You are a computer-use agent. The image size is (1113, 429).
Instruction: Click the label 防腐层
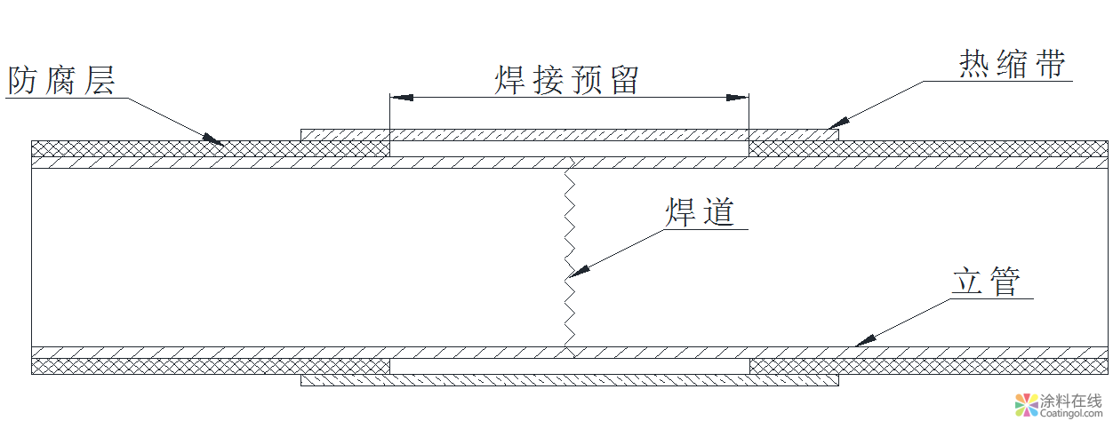point(61,81)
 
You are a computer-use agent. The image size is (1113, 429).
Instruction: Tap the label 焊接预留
point(567,81)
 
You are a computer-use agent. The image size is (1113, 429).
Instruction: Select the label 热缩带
point(1012,65)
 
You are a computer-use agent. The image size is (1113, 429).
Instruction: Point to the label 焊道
point(701,212)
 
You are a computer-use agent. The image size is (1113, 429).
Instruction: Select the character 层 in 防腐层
point(99,81)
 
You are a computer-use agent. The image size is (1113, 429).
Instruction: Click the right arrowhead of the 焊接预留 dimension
point(739,97)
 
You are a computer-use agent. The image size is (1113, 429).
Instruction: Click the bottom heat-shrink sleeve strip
point(569,380)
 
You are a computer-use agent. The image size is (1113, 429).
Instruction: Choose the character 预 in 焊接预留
point(585,81)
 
